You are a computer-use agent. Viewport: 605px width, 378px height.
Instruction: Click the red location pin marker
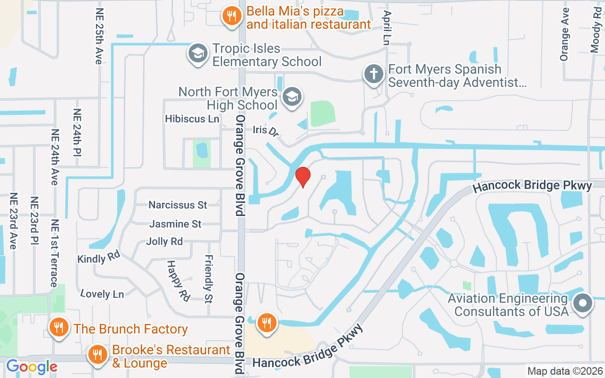(302, 177)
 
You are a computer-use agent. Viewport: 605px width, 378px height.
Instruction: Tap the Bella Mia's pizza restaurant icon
(231, 17)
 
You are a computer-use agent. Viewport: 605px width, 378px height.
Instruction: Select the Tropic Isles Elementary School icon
(198, 53)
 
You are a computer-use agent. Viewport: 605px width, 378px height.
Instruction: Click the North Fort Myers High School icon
(292, 97)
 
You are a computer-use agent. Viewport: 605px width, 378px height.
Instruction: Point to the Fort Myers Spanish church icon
(373, 74)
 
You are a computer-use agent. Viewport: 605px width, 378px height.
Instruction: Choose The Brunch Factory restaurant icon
(59, 327)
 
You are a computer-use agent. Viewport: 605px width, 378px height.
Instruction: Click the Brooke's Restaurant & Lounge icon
(98, 354)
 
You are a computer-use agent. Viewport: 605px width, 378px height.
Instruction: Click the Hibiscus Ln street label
(192, 119)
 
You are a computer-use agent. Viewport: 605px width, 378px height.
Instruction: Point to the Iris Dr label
(265, 130)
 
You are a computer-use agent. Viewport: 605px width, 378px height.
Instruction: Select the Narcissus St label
(178, 205)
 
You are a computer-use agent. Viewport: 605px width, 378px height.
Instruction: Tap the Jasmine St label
(176, 224)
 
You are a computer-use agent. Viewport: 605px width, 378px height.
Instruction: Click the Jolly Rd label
(164, 241)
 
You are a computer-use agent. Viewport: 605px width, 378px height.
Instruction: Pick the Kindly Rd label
(99, 258)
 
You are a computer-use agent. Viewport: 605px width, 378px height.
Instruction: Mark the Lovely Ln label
(102, 294)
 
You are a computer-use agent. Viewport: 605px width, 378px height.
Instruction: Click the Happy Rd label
(178, 281)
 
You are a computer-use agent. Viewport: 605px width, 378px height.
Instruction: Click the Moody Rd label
(595, 26)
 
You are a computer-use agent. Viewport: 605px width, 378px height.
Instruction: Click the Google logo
(31, 367)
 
